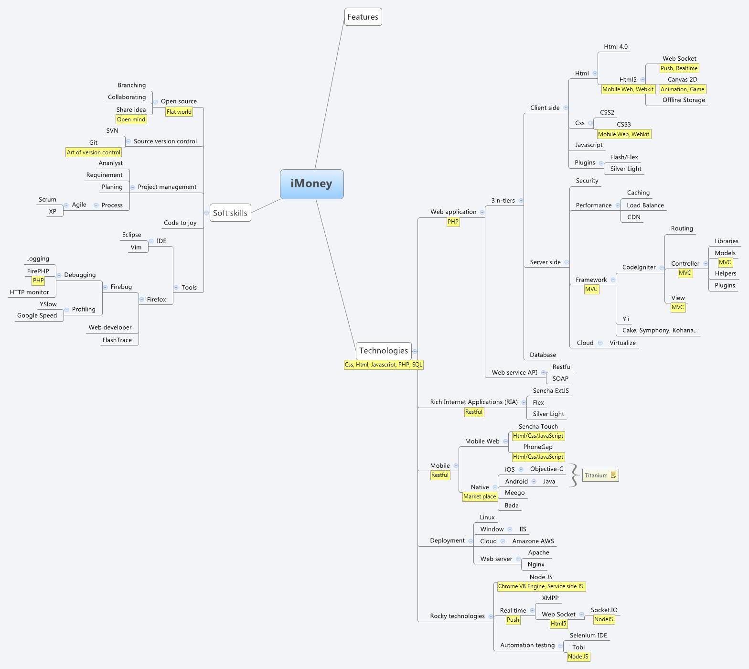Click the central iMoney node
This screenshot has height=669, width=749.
point(311,184)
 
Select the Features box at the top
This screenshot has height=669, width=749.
point(363,17)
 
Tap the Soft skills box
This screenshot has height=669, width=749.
point(230,213)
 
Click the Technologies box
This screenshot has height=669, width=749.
point(383,351)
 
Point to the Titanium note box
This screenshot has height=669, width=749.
point(600,475)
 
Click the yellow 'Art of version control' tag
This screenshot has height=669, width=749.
point(94,152)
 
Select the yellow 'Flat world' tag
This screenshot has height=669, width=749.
point(179,112)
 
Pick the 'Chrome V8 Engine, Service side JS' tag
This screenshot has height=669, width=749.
point(540,586)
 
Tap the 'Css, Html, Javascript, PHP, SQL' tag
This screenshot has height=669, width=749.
point(384,365)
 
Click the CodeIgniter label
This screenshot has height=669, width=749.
point(639,267)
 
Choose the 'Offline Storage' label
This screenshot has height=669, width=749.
point(684,100)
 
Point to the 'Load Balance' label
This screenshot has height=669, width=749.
point(645,205)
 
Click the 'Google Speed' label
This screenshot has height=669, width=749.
point(37,315)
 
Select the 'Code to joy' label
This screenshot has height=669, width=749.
point(180,223)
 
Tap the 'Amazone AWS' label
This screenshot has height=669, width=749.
point(533,541)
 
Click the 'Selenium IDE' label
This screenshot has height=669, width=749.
point(588,636)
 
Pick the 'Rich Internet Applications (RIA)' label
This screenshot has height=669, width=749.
point(473,402)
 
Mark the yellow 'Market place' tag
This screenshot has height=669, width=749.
point(480,496)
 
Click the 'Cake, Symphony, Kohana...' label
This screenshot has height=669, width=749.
point(660,330)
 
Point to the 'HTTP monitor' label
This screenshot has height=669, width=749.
point(30,292)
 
